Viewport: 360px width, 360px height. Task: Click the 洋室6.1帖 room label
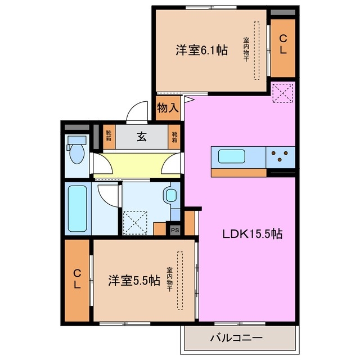[x=201, y=50]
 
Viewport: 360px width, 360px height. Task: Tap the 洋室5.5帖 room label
[x=133, y=281]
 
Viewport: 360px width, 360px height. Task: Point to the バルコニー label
[x=236, y=339]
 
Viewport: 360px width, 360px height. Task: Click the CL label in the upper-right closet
[x=283, y=44]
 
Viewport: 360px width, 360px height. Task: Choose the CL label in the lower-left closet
[x=76, y=279]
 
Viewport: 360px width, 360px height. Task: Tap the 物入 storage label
[x=167, y=107]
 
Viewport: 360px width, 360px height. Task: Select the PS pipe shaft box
[x=175, y=229]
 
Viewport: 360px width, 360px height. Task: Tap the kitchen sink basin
[x=231, y=156]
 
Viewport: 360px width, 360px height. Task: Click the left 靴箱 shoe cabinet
[x=107, y=136]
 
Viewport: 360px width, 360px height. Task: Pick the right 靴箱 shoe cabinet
[x=174, y=136]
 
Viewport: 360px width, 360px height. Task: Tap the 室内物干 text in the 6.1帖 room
[x=246, y=49]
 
